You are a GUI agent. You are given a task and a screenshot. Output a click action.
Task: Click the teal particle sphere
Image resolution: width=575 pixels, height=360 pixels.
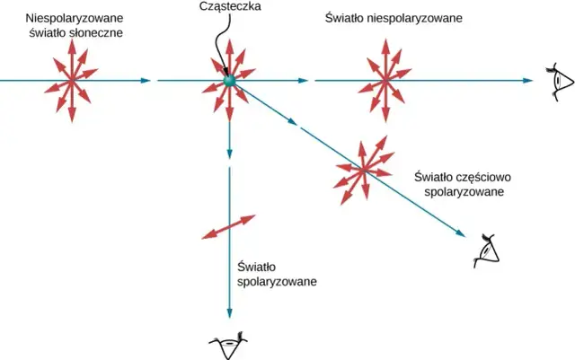[x=230, y=82]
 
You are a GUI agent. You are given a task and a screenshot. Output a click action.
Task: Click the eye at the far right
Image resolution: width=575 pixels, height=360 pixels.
[x=560, y=81]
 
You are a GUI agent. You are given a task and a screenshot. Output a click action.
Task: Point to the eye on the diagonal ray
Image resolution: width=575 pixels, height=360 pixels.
[x=486, y=250]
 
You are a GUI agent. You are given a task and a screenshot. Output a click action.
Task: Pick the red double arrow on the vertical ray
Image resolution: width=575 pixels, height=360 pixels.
[x=230, y=227]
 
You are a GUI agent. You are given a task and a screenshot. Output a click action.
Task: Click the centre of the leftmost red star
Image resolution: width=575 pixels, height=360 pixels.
[x=70, y=82]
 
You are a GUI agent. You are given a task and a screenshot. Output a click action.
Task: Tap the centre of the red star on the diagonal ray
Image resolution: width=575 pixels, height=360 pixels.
[x=364, y=168]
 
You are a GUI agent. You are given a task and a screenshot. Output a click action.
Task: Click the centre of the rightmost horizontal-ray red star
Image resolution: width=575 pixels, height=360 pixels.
[x=385, y=82]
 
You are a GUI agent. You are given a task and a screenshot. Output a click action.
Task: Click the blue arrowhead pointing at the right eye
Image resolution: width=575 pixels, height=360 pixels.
[x=529, y=81]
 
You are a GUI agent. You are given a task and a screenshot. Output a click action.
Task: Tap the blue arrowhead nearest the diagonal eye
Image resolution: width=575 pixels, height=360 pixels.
[x=463, y=233]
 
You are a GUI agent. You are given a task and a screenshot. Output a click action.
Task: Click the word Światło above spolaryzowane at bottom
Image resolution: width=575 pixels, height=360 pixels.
[x=257, y=267]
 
